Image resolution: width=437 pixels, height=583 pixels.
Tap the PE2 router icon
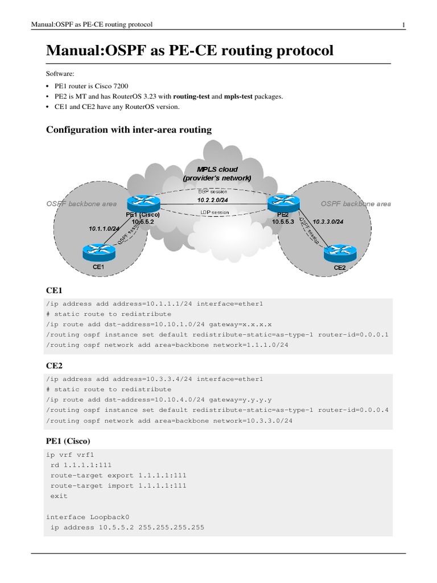(282, 200)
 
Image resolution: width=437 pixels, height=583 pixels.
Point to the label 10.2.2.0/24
(212, 200)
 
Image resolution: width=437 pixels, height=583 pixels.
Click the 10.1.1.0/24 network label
(104, 228)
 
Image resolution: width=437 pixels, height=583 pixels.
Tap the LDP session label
(215, 212)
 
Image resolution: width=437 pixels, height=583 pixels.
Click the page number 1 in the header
(403, 24)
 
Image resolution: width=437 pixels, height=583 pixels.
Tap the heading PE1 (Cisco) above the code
(68, 441)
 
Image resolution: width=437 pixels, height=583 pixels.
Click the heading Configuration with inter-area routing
(129, 130)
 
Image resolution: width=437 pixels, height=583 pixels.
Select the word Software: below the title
(59, 74)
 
